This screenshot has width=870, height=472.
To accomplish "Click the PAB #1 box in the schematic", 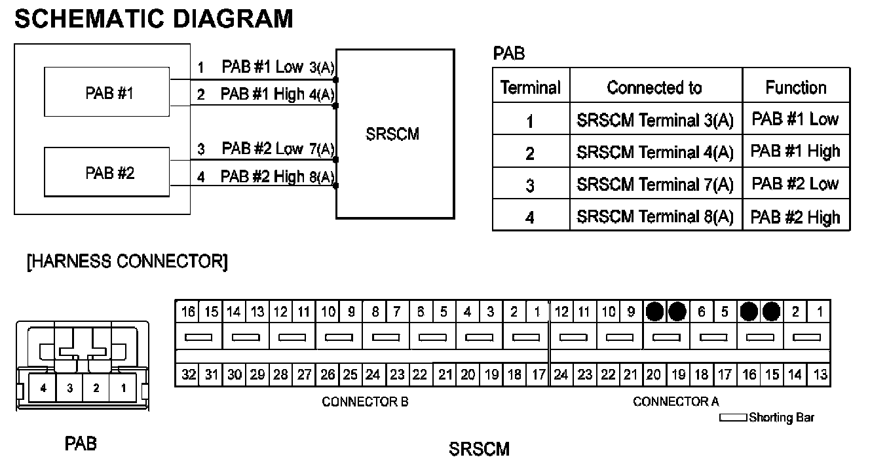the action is pyautogui.click(x=109, y=93).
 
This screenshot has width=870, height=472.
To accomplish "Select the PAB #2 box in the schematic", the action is pyautogui.click(x=109, y=174).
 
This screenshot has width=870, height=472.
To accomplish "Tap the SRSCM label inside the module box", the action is pyautogui.click(x=393, y=134).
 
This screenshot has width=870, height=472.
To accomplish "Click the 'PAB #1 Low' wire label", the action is pyautogui.click(x=262, y=67).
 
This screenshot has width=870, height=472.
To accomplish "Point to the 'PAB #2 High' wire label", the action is pyautogui.click(x=262, y=176).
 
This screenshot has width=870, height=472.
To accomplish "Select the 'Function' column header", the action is pyautogui.click(x=795, y=87).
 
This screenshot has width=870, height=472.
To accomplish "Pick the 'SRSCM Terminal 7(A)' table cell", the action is pyautogui.click(x=654, y=184).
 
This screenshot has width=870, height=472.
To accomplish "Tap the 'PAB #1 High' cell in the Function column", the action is pyautogui.click(x=795, y=151).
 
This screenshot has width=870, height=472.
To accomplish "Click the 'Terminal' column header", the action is pyautogui.click(x=530, y=87).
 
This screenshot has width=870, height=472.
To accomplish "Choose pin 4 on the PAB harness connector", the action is pyautogui.click(x=43, y=387).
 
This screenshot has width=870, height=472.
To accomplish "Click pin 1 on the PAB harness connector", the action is pyautogui.click(x=123, y=387).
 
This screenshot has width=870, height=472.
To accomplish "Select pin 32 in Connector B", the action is pyautogui.click(x=189, y=375).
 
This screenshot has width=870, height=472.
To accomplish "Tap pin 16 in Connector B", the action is pyautogui.click(x=189, y=312).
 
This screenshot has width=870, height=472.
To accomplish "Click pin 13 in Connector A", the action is pyautogui.click(x=820, y=375).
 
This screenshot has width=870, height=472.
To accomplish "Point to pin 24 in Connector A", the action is pyautogui.click(x=561, y=375).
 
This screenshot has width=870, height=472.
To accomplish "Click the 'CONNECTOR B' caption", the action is pyautogui.click(x=365, y=402).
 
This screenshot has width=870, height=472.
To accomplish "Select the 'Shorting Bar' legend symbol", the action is pyautogui.click(x=733, y=418).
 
